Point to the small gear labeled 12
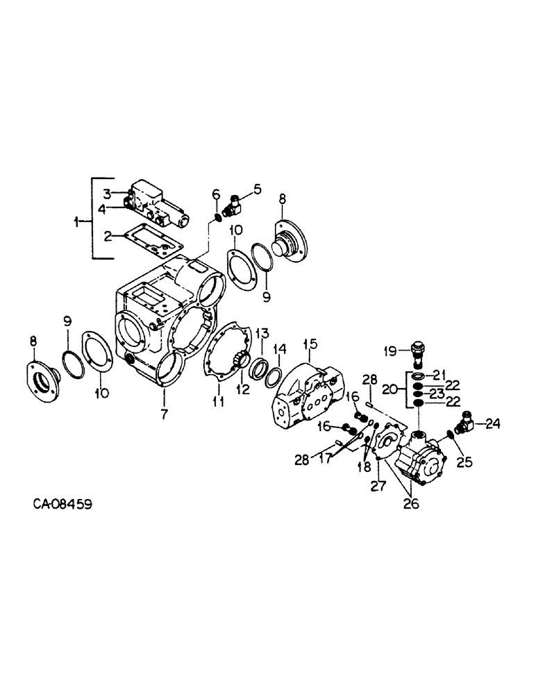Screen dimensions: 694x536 click(240, 361)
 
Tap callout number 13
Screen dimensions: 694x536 click(259, 333)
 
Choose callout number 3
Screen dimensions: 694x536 click(107, 192)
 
